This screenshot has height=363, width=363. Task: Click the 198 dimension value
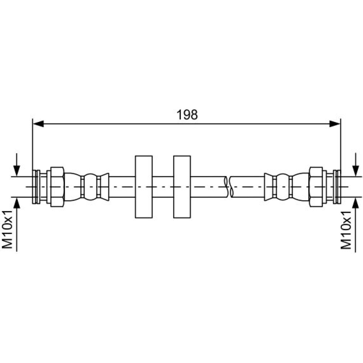187,115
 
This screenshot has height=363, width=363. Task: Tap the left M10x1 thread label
7,230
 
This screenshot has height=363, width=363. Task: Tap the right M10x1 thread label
346,230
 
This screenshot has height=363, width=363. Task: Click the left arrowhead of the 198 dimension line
38,124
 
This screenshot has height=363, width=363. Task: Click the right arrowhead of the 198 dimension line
335,124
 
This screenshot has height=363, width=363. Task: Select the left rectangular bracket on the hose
143,187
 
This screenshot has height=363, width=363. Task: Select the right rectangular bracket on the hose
182,187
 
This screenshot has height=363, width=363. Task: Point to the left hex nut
57,187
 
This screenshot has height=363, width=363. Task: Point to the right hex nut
316,187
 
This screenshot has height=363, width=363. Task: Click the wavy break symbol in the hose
228,187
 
